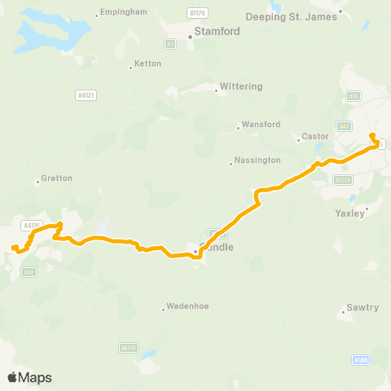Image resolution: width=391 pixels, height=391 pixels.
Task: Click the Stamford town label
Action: (217, 32)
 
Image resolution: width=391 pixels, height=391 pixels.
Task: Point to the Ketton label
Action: (147, 63)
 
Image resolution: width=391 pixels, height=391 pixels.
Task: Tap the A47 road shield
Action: (345, 126)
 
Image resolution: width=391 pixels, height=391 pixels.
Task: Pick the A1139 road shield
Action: (343, 180)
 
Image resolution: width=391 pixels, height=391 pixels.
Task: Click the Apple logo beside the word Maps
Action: (12, 377)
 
